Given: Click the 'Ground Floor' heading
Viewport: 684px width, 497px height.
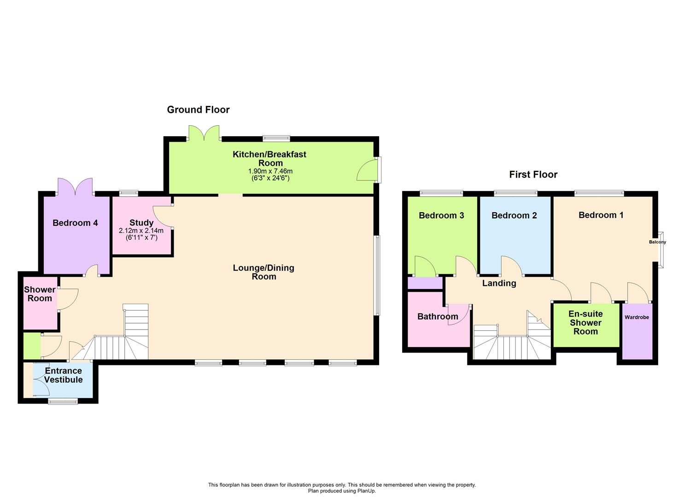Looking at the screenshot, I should pyautogui.click(x=198, y=110).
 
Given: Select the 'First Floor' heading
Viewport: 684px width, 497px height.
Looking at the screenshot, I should pyautogui.click(x=533, y=174).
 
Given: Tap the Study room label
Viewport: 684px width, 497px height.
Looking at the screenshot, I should pyautogui.click(x=141, y=223).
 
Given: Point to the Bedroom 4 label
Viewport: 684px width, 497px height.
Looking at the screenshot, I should pyautogui.click(x=75, y=223).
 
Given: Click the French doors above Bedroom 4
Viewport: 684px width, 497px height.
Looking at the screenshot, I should pyautogui.click(x=76, y=186).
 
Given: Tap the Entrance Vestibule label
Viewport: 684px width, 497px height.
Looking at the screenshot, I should pyautogui.click(x=64, y=375).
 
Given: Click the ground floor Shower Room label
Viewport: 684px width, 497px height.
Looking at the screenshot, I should pyautogui.click(x=40, y=294).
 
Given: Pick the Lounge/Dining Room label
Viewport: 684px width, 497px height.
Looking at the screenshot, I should pyautogui.click(x=263, y=272).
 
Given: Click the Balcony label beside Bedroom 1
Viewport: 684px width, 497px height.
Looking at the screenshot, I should pyautogui.click(x=657, y=242).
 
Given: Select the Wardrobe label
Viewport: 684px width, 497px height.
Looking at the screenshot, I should pyautogui.click(x=637, y=317).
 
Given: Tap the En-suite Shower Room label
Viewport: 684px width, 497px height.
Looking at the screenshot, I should pyautogui.click(x=585, y=323).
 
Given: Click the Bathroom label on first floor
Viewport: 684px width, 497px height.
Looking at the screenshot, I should pyautogui.click(x=438, y=317).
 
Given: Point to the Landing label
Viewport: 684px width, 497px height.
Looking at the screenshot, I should pyautogui.click(x=499, y=283).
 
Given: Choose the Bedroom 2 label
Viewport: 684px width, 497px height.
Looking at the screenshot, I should pyautogui.click(x=514, y=215).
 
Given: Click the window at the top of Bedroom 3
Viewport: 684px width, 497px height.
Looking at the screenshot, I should pyautogui.click(x=441, y=193).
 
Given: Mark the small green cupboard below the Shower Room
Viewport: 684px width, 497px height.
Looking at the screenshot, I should pyautogui.click(x=32, y=346).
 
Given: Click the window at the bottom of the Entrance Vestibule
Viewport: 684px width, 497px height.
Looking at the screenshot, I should pyautogui.click(x=63, y=401).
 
